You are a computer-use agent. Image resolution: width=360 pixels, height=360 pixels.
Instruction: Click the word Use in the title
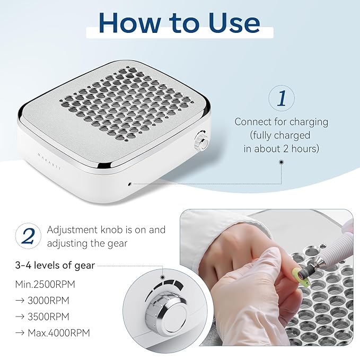[x=231, y=23]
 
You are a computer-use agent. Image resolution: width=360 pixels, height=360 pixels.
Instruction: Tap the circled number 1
[x=282, y=99]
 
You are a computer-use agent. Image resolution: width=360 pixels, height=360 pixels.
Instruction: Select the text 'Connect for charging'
[x=282, y=122]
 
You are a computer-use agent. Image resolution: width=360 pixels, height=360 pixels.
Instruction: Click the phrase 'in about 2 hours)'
[x=282, y=149]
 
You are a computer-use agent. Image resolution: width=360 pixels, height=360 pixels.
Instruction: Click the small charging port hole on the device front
[x=130, y=185]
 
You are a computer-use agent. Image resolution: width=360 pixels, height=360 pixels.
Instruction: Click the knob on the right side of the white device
[x=201, y=142]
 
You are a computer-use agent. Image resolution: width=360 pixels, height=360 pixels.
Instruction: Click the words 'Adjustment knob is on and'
[x=106, y=230]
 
